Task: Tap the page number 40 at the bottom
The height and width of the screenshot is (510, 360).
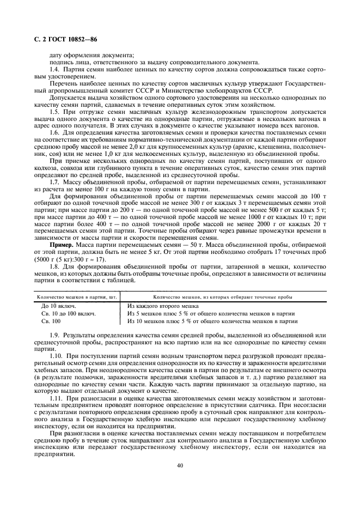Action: click(179, 465)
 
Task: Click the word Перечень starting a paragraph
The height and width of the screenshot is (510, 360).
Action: click(65, 83)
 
